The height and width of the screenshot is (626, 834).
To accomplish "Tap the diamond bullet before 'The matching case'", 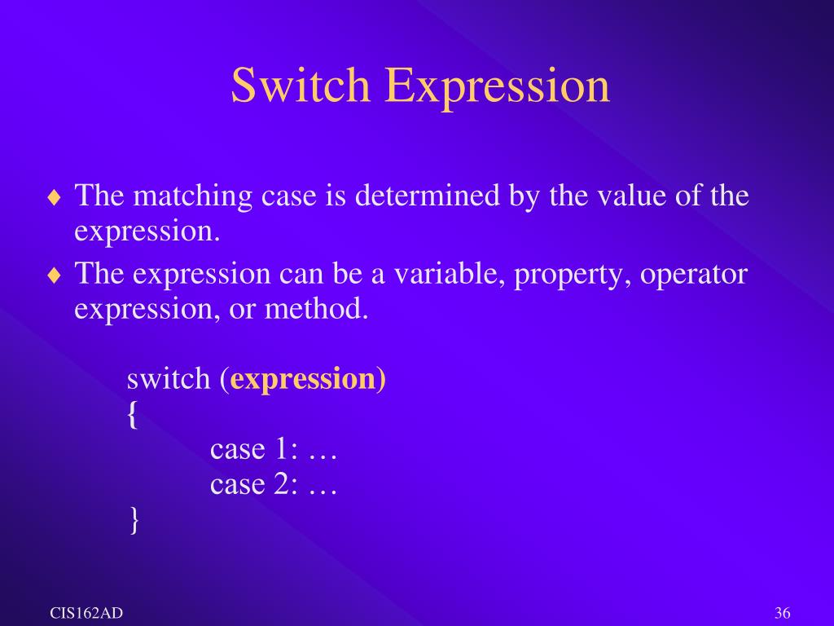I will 54,197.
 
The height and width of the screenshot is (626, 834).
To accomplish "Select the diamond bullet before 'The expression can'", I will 54,276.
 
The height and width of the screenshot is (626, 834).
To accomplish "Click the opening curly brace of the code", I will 133,417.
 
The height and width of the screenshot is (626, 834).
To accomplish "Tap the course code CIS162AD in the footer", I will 86,613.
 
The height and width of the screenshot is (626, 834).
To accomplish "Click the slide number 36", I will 784,613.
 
